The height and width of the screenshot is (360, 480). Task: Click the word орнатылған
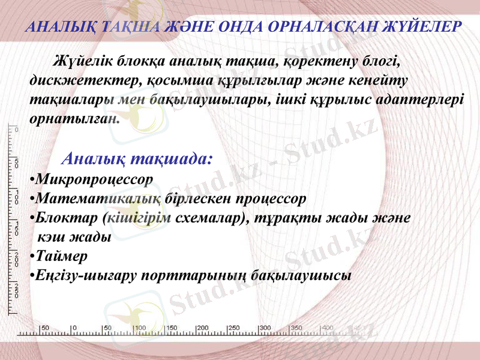pos(74,118)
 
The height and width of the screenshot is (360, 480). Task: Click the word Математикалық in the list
pos(98,197)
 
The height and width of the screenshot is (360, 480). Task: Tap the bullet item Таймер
pos(61,256)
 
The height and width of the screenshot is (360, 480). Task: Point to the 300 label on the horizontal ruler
pos(265,328)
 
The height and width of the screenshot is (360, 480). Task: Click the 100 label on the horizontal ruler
pos(139,328)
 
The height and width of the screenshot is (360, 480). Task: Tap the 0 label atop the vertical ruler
pos(17,129)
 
